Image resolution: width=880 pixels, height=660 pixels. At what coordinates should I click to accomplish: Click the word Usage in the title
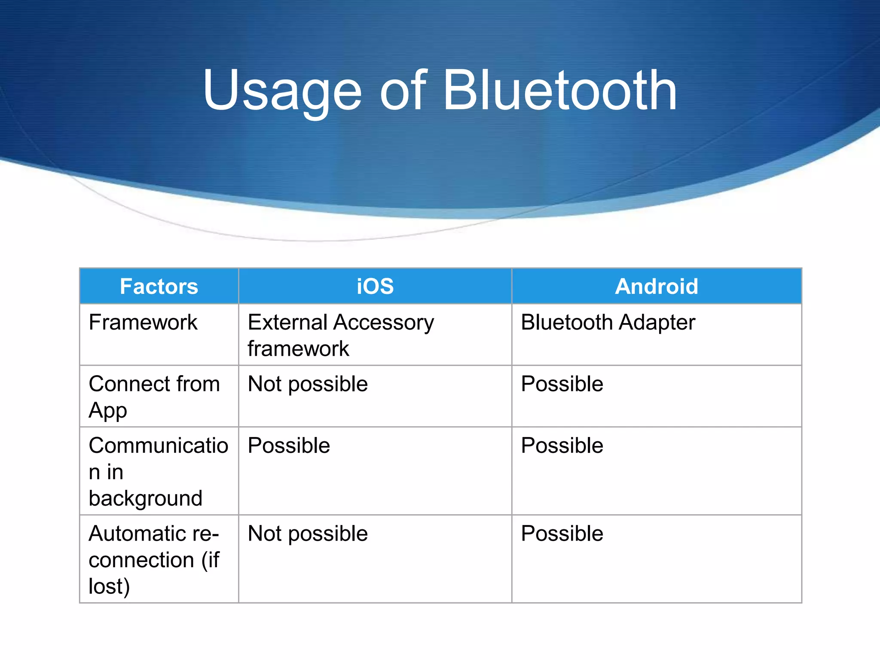(x=282, y=92)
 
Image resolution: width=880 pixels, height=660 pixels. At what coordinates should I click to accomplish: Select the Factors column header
(x=159, y=286)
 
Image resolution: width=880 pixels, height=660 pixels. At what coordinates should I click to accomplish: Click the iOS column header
(x=375, y=286)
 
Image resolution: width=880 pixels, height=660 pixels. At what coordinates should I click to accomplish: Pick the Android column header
(x=656, y=286)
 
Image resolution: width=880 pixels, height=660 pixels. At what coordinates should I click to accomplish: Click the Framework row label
(x=143, y=322)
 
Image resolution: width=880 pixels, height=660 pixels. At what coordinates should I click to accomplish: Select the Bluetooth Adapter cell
(x=608, y=322)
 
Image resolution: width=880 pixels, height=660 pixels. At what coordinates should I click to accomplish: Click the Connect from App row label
(x=154, y=396)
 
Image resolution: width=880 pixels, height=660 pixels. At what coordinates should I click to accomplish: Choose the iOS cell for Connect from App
(x=308, y=384)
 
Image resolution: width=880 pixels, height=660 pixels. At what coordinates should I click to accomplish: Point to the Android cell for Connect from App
(x=562, y=384)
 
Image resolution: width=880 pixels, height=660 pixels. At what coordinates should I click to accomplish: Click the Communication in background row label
(x=158, y=471)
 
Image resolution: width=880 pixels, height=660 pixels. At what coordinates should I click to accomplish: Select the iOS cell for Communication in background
(x=289, y=446)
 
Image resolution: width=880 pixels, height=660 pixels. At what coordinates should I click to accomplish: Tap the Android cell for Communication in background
(x=562, y=446)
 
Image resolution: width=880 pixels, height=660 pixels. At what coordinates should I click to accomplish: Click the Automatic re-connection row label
(x=154, y=559)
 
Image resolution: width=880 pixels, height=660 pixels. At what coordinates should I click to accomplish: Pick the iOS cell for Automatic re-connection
(x=308, y=534)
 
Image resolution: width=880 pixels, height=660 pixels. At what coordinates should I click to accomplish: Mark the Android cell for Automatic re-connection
(x=562, y=534)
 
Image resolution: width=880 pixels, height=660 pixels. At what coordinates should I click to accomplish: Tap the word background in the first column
(x=145, y=498)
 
